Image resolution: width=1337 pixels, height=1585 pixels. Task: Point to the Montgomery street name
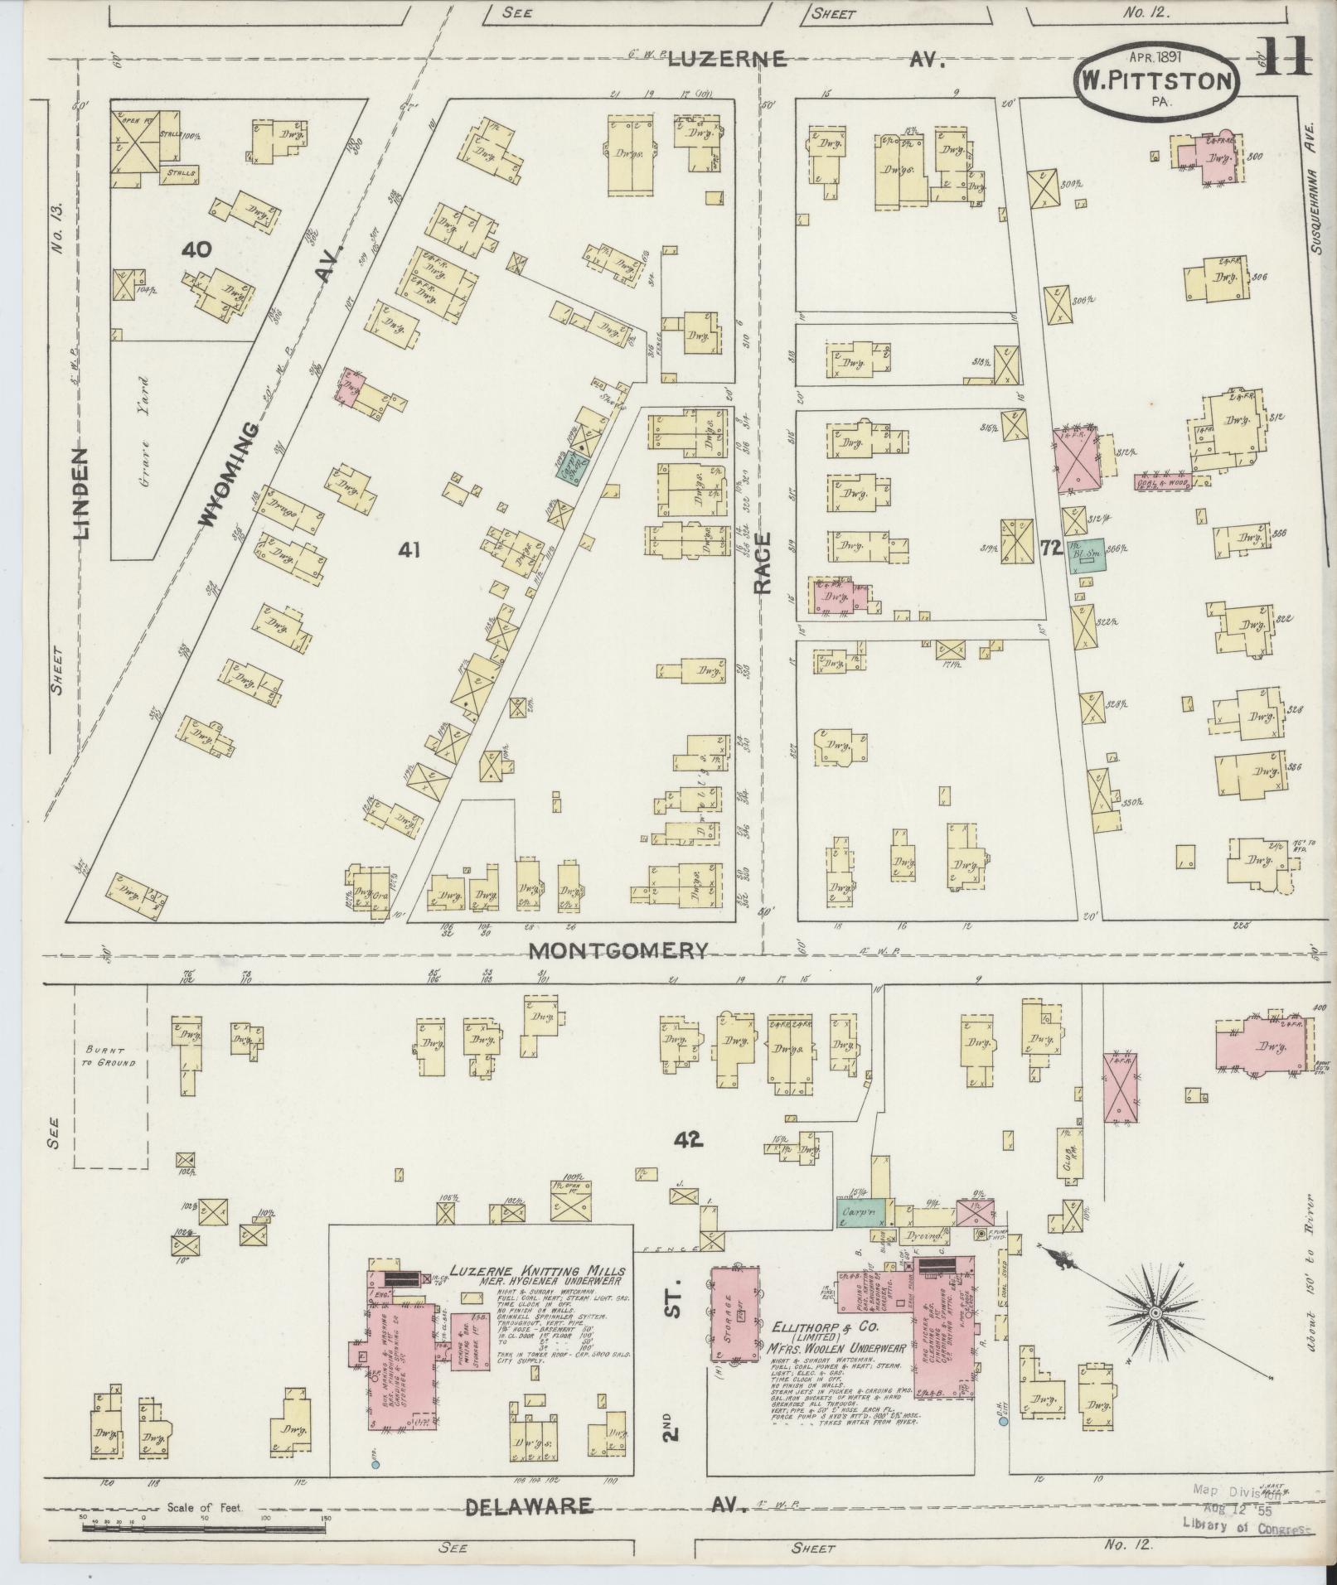pos(618,950)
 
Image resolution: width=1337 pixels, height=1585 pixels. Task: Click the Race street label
pos(763,563)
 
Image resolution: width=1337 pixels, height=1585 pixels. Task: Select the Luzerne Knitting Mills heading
pos(537,1272)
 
